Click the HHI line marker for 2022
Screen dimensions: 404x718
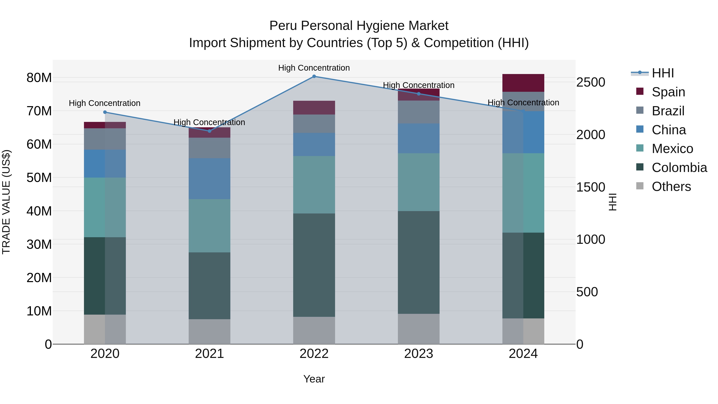tap(314, 76)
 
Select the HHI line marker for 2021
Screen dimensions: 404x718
tap(210, 131)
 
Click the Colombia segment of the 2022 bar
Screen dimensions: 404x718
tap(314, 265)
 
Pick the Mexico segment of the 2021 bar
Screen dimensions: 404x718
tap(210, 226)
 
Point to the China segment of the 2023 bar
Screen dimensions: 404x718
tap(418, 138)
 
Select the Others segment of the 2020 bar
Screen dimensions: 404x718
tap(105, 329)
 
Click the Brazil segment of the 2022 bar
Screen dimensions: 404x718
tap(314, 123)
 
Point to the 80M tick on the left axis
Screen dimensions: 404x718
tap(39, 78)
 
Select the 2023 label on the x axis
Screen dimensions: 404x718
tap(418, 354)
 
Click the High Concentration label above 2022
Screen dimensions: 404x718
tap(314, 68)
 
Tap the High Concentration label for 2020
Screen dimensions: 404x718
tap(105, 103)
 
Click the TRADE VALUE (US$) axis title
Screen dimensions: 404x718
tap(6, 202)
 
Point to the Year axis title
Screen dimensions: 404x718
tap(314, 379)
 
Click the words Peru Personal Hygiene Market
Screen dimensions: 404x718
tap(359, 26)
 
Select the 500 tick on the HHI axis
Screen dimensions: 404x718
tap(587, 292)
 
